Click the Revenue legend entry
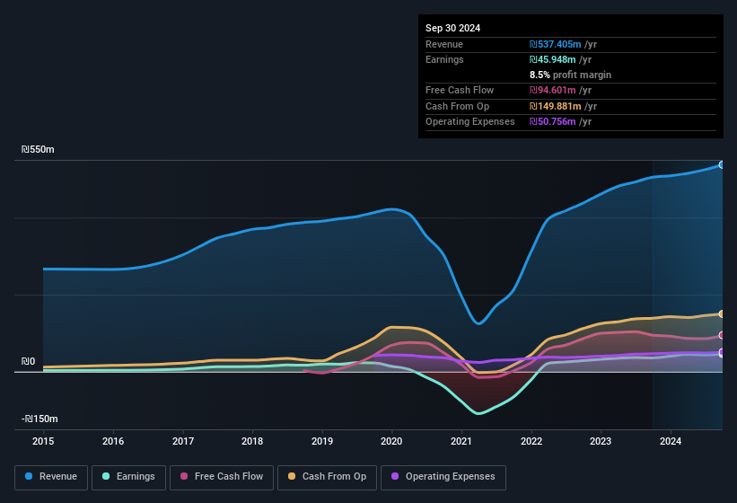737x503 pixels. (51, 477)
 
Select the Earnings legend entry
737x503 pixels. (128, 477)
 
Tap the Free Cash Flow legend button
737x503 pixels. (222, 477)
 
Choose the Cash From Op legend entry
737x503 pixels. (326, 477)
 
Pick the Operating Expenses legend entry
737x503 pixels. (443, 477)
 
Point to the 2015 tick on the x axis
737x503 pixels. (43, 441)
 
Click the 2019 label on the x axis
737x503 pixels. (321, 441)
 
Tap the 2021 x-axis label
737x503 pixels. (461, 441)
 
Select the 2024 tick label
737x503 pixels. (670, 441)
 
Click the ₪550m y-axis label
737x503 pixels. (39, 149)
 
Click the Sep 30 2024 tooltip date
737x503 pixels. (452, 28)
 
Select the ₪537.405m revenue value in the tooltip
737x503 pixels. (559, 44)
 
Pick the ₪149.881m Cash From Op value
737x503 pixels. (559, 106)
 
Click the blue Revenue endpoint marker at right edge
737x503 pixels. (721, 164)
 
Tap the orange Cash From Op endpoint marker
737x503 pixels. (721, 313)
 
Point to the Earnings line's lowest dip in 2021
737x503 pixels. (478, 413)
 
